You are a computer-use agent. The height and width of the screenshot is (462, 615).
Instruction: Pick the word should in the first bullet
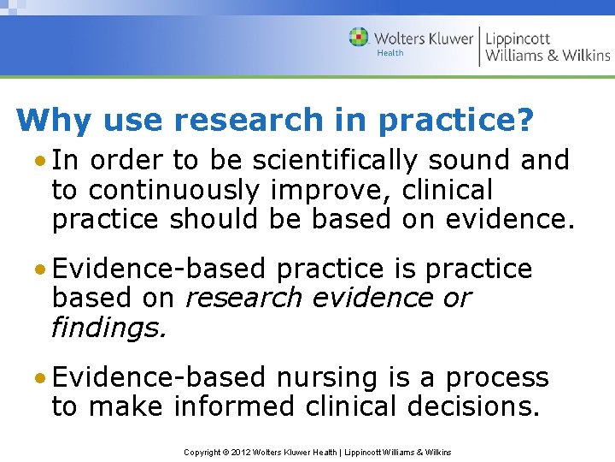[x=214, y=219]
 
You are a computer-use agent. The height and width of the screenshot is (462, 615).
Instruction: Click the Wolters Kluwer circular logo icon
[x=360, y=38]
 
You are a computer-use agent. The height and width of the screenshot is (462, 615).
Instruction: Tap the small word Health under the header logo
[x=389, y=53]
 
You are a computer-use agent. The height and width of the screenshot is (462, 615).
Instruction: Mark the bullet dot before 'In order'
[x=41, y=160]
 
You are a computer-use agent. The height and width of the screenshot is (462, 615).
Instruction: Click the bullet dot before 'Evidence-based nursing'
[x=41, y=377]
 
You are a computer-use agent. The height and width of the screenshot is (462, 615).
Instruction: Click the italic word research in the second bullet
[x=243, y=298]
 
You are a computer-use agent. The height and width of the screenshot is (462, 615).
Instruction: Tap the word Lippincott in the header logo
[x=518, y=38]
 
